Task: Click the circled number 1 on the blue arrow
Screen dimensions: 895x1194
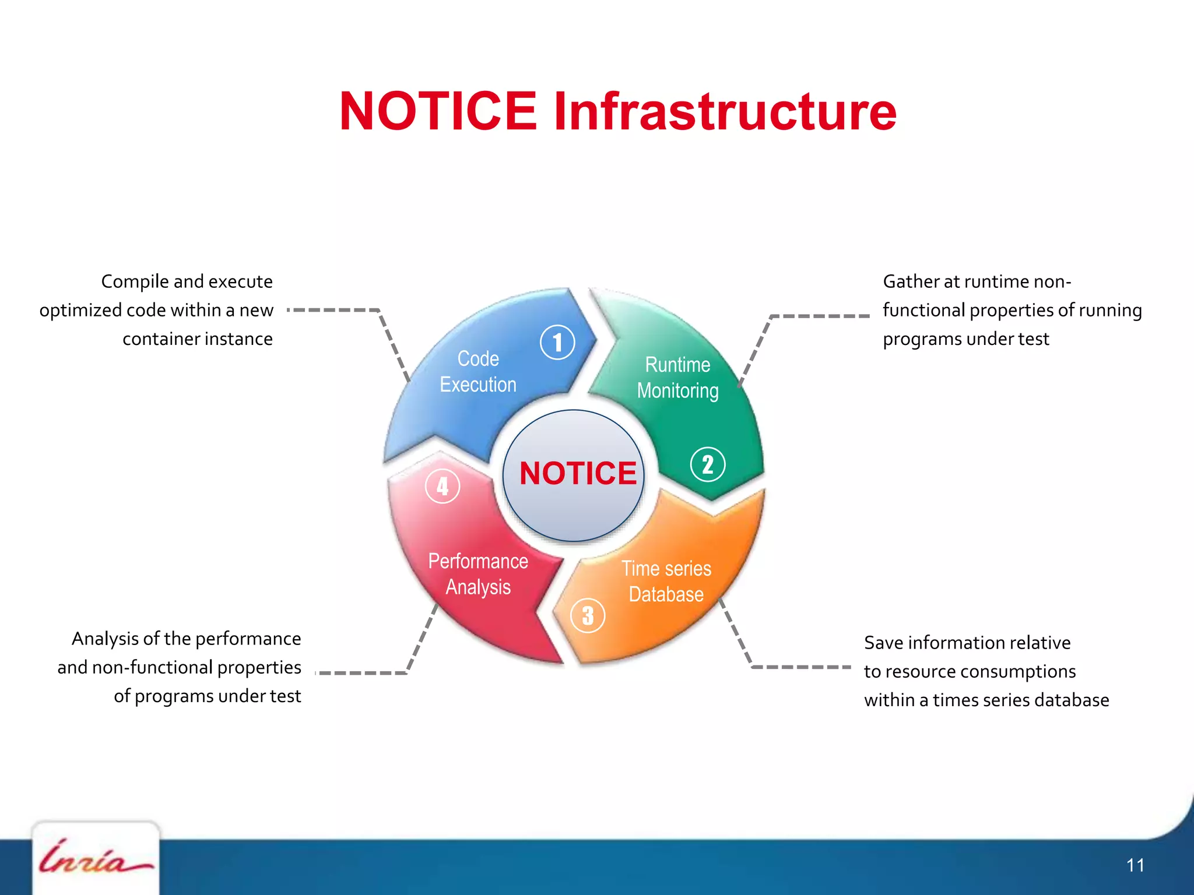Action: coord(557,342)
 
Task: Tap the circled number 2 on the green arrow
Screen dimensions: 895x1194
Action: coord(707,464)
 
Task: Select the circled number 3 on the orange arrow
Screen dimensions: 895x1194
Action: coord(588,615)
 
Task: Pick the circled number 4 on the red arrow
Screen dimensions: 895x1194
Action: coord(443,486)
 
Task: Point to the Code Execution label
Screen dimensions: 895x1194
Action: coord(478,372)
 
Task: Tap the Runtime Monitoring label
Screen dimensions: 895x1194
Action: coord(677,378)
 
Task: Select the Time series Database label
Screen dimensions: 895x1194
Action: coord(666,582)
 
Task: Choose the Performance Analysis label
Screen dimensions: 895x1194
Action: coord(478,574)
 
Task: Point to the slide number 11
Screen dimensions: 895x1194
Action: coord(1135,865)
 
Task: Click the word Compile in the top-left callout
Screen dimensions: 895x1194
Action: coord(135,282)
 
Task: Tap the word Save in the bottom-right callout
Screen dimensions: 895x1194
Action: coord(884,643)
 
